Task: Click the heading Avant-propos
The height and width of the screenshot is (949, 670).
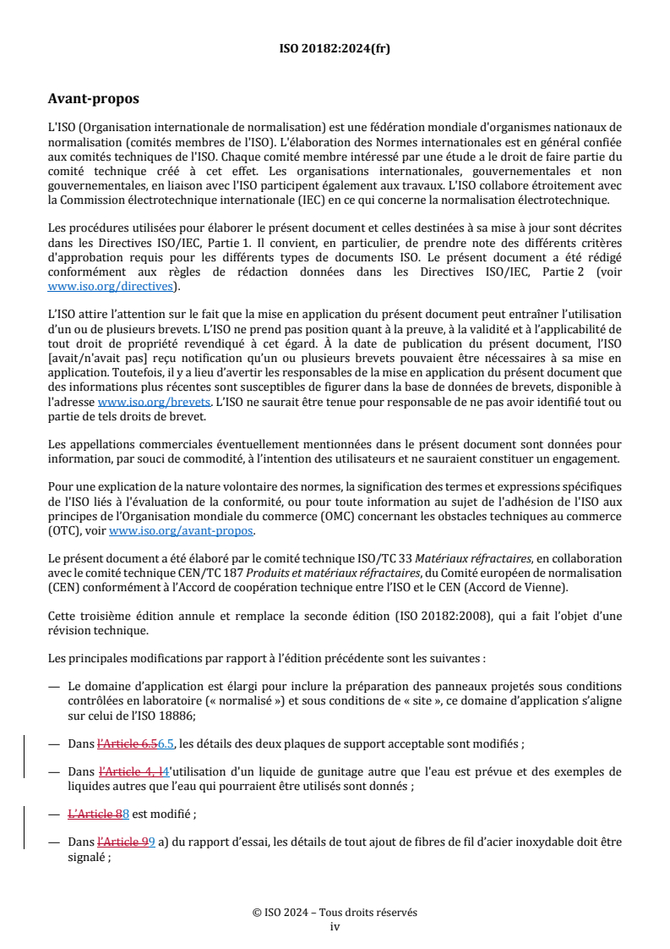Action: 94,100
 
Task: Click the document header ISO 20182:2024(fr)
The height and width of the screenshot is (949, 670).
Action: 335,48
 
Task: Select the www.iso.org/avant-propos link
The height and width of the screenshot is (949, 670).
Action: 181,531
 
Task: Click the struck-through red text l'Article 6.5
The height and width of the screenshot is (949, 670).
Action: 128,744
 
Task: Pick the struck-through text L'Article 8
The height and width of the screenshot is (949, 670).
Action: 95,814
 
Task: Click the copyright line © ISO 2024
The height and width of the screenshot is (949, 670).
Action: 335,913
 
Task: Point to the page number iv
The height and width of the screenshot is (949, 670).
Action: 335,926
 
